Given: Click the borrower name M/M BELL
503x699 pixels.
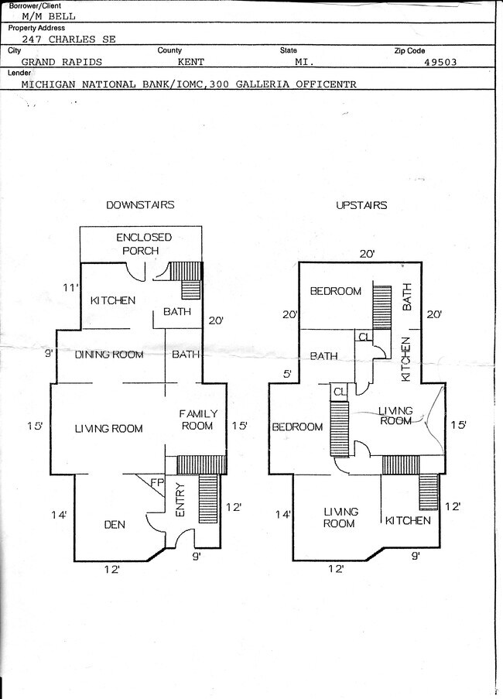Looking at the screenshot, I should pos(49,15).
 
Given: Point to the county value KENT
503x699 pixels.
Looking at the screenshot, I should pos(192,61).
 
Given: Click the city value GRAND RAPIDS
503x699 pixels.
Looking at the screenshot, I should pos(60,61).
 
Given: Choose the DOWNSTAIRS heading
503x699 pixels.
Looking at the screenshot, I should pos(140,205).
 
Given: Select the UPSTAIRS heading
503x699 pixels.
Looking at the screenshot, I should pos(361,205).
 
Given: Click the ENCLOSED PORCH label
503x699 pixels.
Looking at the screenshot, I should pos(143,244).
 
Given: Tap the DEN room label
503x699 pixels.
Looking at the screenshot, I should pos(115,525).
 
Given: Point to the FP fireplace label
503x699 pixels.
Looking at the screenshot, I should pos(156,483).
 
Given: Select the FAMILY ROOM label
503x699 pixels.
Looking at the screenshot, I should pos(198,420).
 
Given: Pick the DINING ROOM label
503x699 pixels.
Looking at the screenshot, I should pos(109,355).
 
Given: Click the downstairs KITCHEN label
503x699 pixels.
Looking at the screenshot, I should pos(113,300).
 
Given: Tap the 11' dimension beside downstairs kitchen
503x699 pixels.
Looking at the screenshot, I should pos(70,288).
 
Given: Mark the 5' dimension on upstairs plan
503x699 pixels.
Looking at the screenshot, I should pos(287,374).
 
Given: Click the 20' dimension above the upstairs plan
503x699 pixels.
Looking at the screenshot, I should pos(367,254).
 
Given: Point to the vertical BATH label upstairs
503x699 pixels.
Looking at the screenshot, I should pos(409,296).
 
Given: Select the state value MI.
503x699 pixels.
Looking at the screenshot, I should pos(305,61).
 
